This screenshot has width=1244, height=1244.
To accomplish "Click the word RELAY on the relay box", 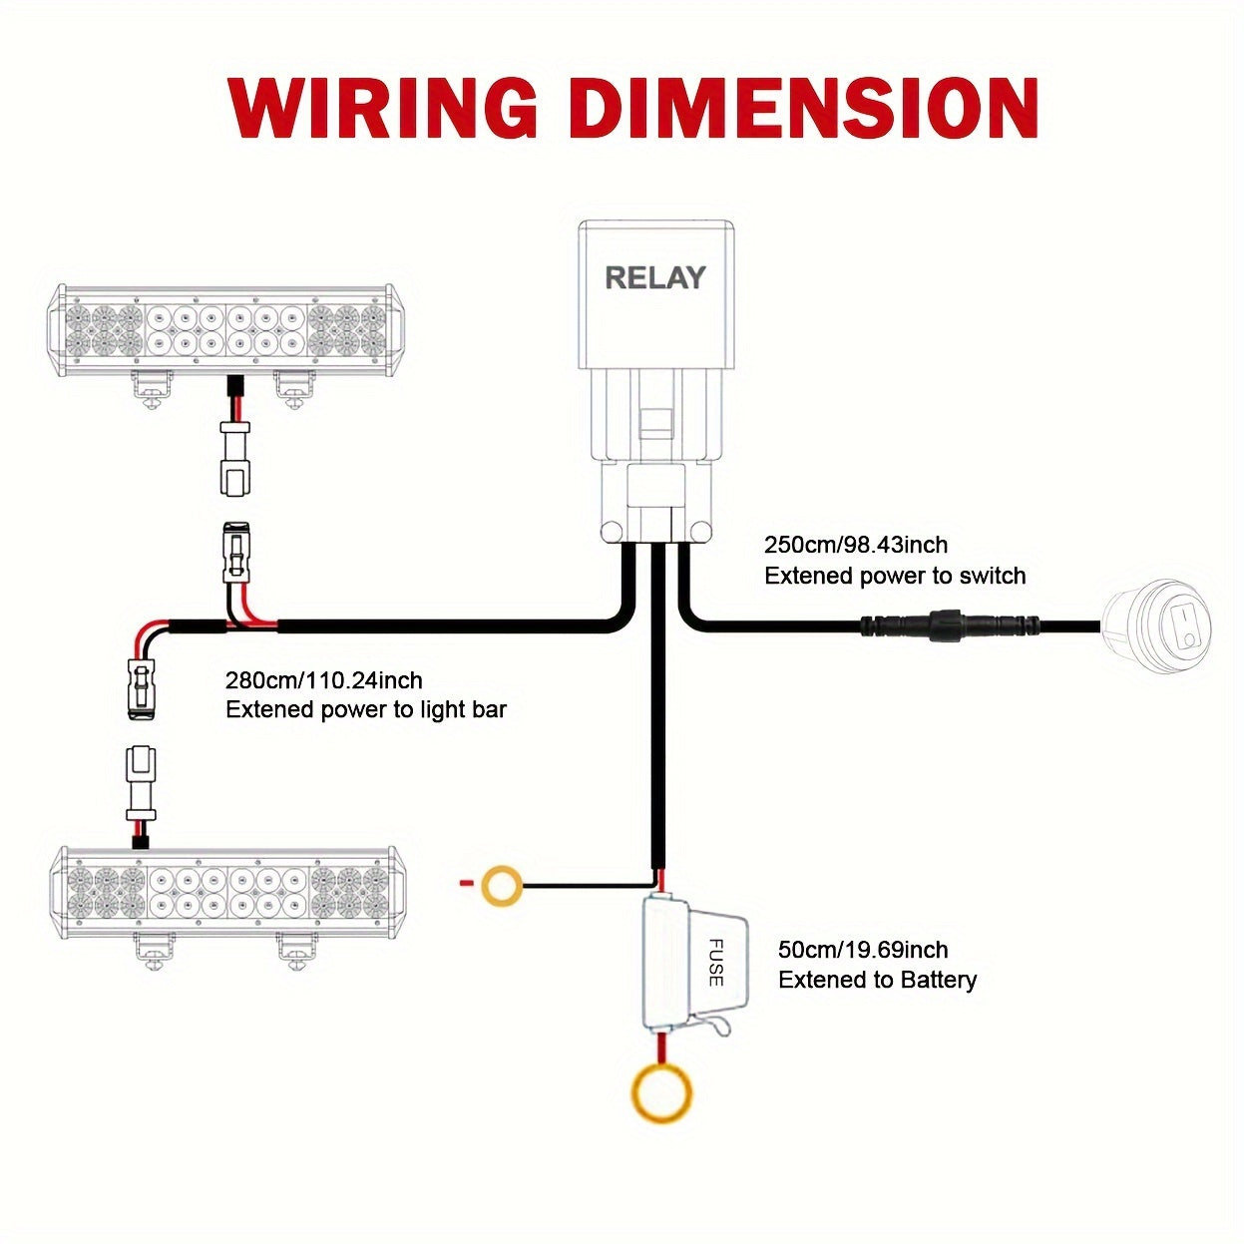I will [655, 277].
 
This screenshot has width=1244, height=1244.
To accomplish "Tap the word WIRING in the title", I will [384, 107].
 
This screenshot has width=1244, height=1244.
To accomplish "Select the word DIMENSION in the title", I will [809, 107].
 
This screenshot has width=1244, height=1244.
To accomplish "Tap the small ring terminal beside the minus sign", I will [501, 885].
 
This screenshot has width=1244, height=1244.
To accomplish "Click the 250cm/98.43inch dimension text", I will [856, 545].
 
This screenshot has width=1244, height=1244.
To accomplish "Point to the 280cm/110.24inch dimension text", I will [324, 680].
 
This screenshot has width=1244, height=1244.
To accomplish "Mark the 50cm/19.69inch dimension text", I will [863, 950].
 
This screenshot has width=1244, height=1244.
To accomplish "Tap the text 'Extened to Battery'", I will [877, 980].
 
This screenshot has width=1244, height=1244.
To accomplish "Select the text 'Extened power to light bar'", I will [366, 710].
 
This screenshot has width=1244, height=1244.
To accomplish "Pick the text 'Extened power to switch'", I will [895, 576].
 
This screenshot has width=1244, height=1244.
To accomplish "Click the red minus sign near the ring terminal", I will [464, 883].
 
